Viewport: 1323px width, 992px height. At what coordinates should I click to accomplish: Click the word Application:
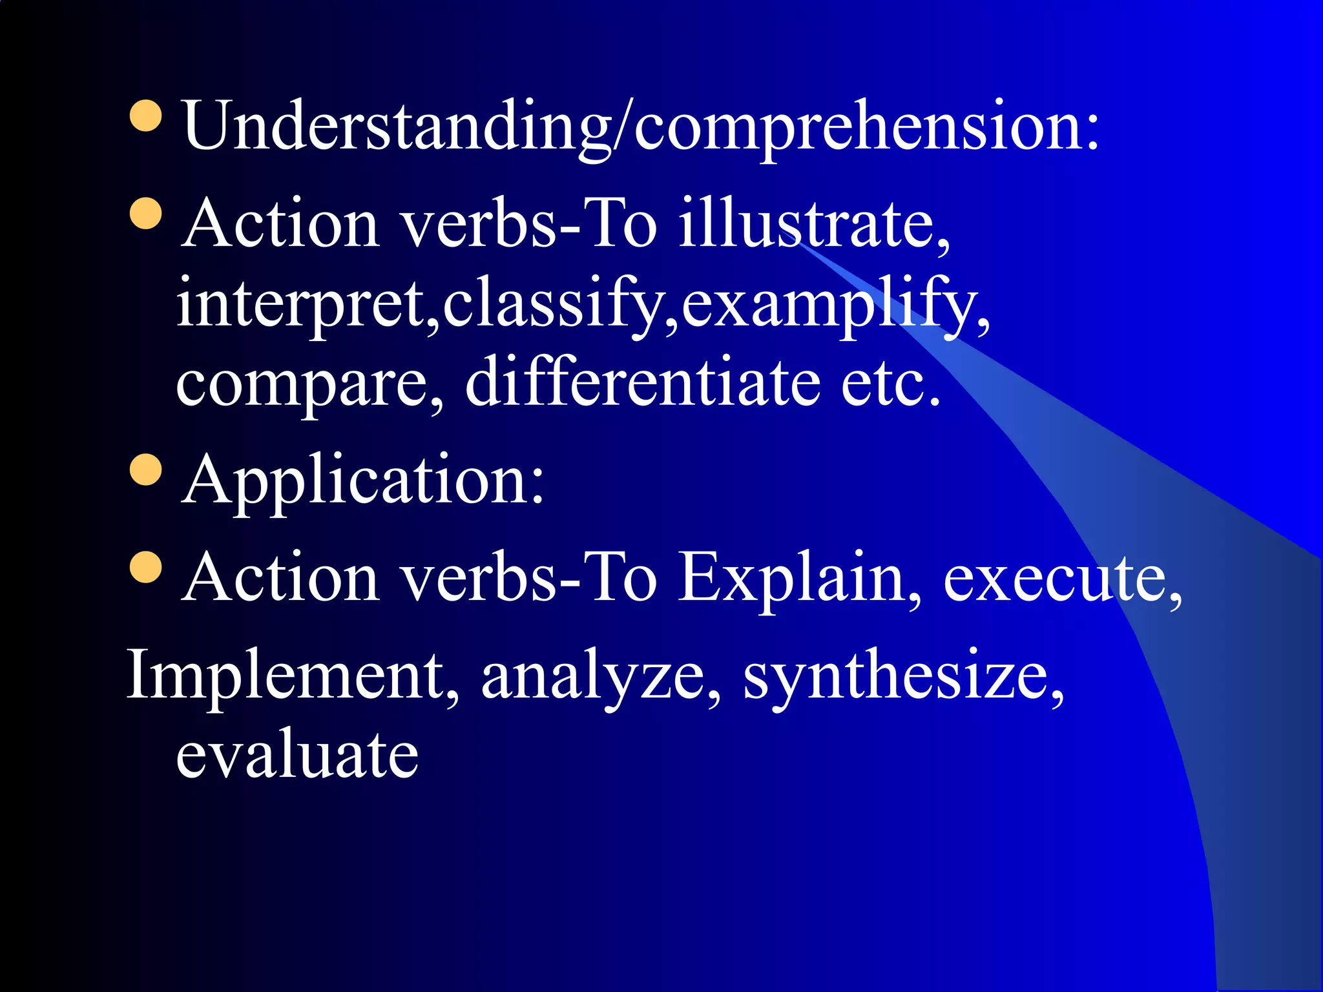[x=363, y=480]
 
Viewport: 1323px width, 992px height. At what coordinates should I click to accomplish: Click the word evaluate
[x=297, y=754]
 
